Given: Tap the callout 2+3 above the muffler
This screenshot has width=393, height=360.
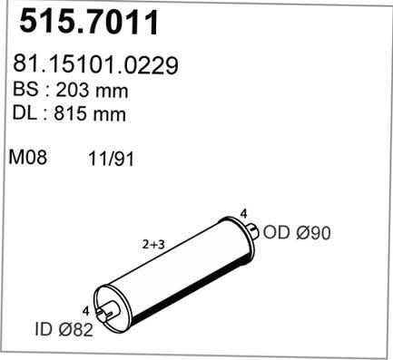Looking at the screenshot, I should coord(152,244).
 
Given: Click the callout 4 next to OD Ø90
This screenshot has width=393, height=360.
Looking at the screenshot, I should coord(243,214).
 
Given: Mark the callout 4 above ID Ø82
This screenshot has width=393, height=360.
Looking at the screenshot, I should coord(85,310).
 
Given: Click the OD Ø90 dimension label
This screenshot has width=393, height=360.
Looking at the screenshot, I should coord(298,233).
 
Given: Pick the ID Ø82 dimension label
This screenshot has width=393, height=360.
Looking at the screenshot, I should coord(64,331).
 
